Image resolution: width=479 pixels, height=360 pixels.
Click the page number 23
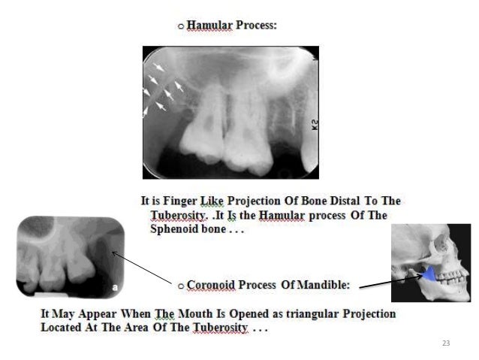tap(445, 343)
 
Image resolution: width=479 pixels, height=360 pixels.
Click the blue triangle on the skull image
tap(427, 275)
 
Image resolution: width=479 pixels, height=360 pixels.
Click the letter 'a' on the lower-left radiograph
tap(115, 286)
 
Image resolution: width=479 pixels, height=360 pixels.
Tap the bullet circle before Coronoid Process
tap(180, 286)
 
